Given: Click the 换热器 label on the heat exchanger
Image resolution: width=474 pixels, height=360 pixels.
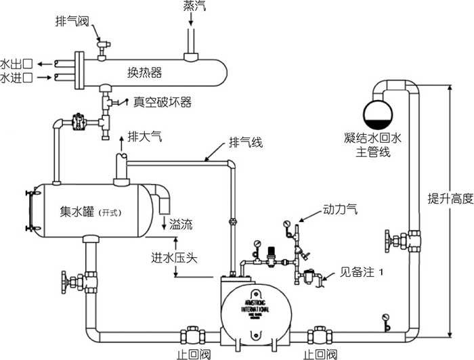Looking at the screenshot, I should tap(145, 72).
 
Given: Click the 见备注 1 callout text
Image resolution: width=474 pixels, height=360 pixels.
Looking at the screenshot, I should tap(353, 275).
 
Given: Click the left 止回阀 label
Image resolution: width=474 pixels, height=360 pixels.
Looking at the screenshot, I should tap(192, 353).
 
